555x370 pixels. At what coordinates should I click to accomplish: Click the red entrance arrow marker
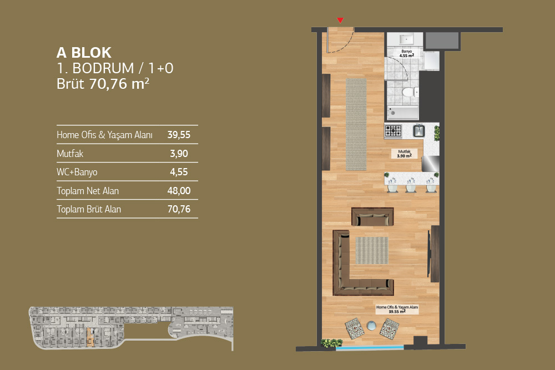(340, 20)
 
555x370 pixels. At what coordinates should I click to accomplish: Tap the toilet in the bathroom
(410, 93)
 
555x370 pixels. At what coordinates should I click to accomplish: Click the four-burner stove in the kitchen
(393, 131)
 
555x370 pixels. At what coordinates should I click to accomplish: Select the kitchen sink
(419, 130)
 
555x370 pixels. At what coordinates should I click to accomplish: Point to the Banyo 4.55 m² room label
(407, 53)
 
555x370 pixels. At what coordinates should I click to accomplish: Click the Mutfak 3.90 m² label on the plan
(404, 154)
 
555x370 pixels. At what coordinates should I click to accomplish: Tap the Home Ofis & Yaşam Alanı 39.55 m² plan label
(397, 309)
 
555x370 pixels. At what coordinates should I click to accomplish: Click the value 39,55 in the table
(179, 135)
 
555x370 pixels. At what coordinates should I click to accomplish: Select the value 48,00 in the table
(179, 191)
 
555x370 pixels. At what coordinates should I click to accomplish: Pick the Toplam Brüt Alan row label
(89, 209)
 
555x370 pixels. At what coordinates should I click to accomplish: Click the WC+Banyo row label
(77, 172)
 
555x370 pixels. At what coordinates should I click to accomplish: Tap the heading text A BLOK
(84, 53)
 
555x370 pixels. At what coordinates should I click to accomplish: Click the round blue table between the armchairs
(371, 326)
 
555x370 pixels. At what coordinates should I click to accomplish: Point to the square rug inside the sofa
(372, 250)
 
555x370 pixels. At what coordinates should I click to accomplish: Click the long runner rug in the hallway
(356, 124)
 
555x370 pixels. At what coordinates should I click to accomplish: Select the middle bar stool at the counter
(411, 186)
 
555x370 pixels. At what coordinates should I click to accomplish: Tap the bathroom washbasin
(406, 39)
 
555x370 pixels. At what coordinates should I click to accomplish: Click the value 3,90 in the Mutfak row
(179, 154)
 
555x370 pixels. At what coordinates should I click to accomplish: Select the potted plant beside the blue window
(332, 343)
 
